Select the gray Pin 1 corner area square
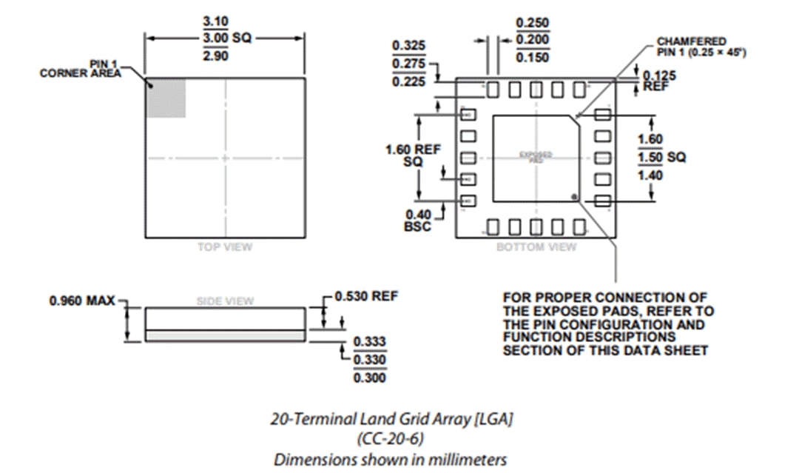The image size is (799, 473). click(165, 97)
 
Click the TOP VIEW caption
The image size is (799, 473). click(224, 247)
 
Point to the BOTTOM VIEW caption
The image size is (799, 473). click(536, 247)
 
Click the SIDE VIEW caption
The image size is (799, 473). click(224, 301)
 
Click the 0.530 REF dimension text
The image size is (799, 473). click(366, 296)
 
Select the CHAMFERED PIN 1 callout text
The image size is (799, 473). click(691, 46)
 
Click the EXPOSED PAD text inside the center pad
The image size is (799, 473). click(536, 157)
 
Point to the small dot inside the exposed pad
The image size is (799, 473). click(574, 195)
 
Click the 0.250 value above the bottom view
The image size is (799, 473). click(532, 23)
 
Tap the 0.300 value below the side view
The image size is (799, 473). click(369, 378)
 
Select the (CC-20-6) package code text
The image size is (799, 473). click(391, 439)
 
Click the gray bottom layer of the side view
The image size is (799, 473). click(225, 335)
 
